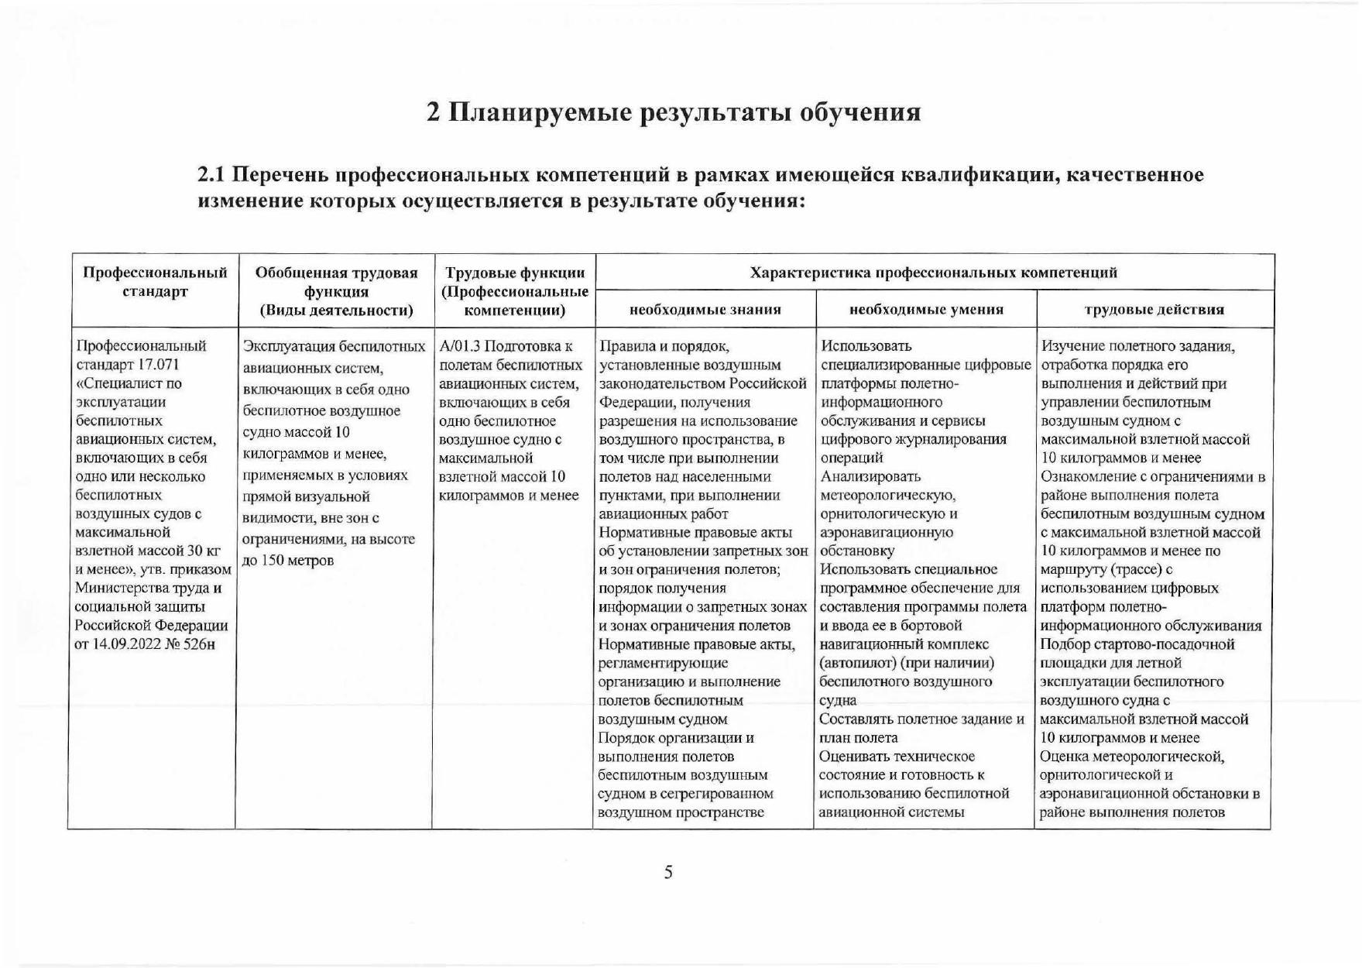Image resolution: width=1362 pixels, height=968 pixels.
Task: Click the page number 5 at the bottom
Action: (x=668, y=873)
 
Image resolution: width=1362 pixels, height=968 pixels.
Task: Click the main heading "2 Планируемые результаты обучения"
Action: (x=674, y=112)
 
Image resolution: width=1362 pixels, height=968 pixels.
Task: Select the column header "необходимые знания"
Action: (x=705, y=310)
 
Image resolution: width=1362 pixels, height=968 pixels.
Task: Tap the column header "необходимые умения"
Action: (x=926, y=310)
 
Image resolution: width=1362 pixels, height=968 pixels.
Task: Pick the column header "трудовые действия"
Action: (x=1154, y=310)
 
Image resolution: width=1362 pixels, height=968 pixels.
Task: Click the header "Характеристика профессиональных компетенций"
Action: (x=934, y=273)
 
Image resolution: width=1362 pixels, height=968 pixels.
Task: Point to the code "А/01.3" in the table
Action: (x=459, y=346)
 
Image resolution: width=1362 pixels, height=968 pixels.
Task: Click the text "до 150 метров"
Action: (x=287, y=560)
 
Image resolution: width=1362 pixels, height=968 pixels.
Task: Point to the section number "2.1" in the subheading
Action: (x=212, y=175)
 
